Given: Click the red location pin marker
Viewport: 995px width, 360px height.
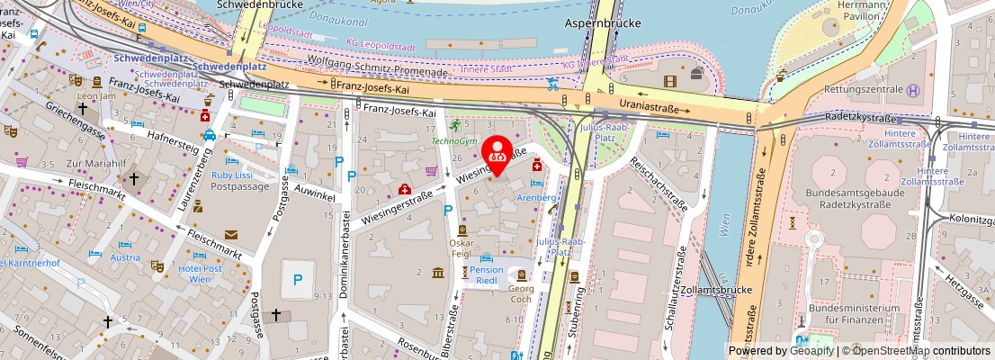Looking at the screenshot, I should click(x=497, y=155).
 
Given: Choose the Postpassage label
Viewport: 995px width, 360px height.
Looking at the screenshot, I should click(x=240, y=186).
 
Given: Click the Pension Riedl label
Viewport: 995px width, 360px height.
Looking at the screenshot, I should click(x=488, y=275).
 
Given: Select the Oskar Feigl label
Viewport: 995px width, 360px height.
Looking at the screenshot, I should click(x=462, y=248).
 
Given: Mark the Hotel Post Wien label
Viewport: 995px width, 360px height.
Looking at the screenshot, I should click(x=200, y=274).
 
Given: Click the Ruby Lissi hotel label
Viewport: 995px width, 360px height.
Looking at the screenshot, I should click(x=231, y=175).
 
